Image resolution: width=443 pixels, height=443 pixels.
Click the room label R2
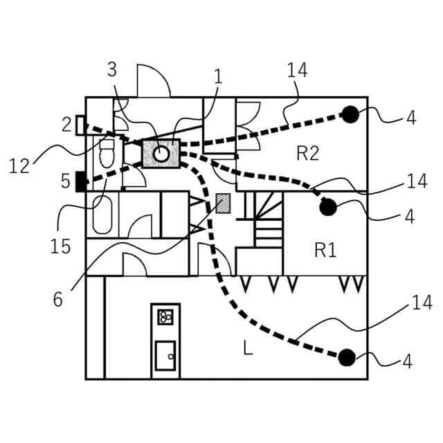307,153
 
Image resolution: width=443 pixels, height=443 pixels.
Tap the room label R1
325,250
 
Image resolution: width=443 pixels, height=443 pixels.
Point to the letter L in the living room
247,348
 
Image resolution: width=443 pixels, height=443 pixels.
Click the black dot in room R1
327,206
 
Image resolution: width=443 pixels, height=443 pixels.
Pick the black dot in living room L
346,357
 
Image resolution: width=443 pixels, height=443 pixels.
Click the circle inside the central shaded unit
161,154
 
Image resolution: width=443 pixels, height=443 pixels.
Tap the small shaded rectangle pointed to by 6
224,203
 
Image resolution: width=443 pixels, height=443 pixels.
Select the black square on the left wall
80,181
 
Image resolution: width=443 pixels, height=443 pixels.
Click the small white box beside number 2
80,125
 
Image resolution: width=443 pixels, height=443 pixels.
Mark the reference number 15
61,246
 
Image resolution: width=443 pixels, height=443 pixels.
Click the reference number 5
65,182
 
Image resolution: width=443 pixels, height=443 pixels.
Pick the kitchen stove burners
165,317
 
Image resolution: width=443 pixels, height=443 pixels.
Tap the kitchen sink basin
165,355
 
